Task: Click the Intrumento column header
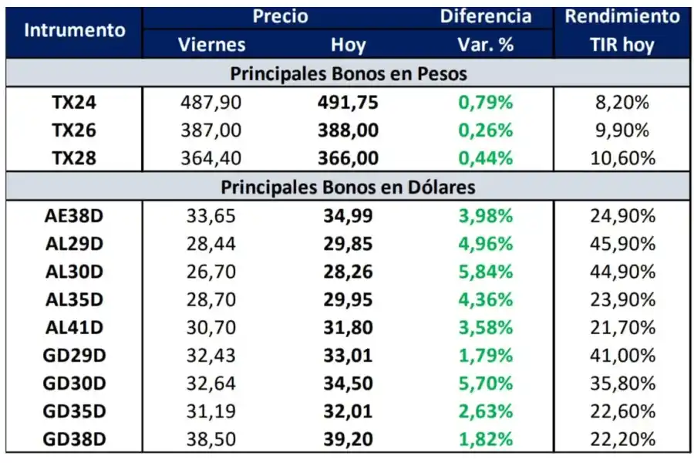coord(75,30)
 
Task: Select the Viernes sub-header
coord(211,44)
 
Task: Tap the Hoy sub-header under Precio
coord(348,44)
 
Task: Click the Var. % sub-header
coord(485,44)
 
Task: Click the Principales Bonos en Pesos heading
coord(348,74)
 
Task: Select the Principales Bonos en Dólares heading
coord(348,187)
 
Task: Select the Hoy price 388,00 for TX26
coord(348,130)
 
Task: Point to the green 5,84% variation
coord(486,271)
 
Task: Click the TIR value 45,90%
coord(622,243)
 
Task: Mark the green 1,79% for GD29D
coord(486,355)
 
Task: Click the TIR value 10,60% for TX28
coord(622,158)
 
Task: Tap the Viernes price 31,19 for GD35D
coord(213,411)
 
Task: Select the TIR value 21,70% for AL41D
coord(622,327)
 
